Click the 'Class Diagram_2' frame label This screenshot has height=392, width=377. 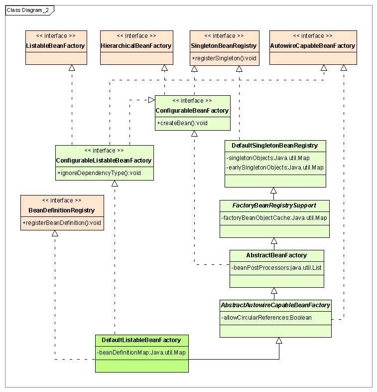27,10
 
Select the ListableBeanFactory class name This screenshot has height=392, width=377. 55,46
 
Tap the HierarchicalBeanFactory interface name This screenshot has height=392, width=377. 136,46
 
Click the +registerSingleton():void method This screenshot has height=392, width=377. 224,58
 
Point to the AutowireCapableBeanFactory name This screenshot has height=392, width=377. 313,46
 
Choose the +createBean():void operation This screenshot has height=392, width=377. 182,123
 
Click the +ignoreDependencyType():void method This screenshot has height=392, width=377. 99,173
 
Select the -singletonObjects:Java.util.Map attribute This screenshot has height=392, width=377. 268,158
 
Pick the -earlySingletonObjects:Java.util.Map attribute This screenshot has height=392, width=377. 275,168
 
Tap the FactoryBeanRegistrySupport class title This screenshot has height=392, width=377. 274,205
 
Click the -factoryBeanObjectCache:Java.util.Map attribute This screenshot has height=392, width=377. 274,218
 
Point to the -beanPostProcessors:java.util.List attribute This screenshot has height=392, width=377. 276,268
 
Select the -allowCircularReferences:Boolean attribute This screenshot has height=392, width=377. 266,318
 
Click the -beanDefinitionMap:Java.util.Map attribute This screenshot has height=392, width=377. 141,353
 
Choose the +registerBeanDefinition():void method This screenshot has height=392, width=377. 62,223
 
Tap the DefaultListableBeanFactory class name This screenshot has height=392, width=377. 141,340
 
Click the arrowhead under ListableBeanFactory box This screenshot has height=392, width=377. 72,68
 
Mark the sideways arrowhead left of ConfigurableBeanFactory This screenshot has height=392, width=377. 152,100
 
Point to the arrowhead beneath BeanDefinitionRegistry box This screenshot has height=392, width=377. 55,233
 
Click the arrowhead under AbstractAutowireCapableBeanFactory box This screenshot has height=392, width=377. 279,341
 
